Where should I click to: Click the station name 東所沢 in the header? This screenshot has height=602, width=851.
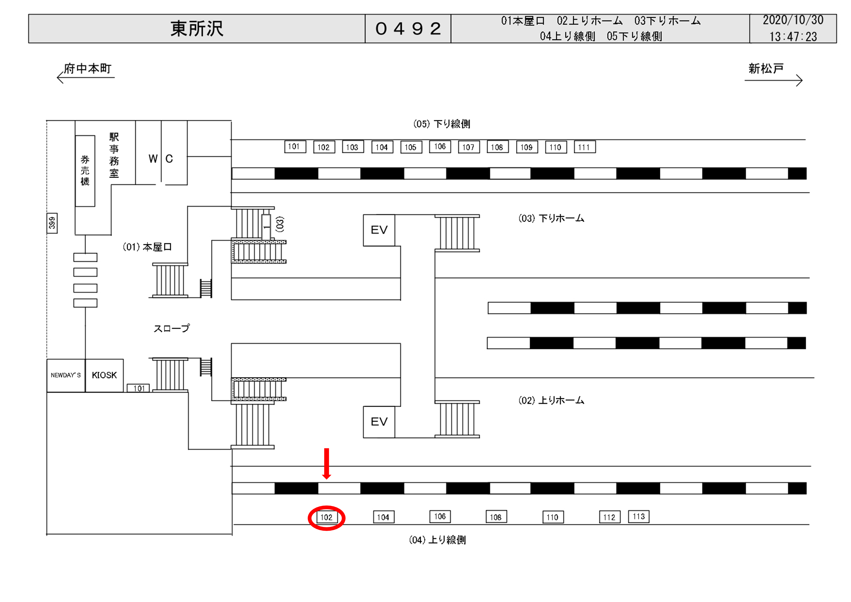197,29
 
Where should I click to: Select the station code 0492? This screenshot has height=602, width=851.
408,29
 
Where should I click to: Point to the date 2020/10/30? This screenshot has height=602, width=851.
793,20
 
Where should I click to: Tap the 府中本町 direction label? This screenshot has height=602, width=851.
87,69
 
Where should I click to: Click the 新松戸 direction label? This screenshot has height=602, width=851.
766,69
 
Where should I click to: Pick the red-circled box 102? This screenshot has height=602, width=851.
326,517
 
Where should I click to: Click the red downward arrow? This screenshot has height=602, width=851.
326,464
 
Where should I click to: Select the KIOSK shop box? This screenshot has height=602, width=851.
104,375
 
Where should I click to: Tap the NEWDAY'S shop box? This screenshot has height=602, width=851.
66,375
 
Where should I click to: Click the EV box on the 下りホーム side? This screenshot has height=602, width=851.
379,230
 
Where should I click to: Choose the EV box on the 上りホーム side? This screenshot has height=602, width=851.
379,422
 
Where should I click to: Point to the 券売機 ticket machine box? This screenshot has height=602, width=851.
85,170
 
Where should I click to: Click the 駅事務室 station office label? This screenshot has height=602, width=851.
114,155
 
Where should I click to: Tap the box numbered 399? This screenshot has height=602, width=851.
52,223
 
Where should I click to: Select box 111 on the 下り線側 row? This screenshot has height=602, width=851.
584,147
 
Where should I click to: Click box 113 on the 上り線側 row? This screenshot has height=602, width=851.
639,516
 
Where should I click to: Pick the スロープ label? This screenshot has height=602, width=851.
172,328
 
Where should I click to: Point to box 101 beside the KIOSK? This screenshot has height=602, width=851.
138,388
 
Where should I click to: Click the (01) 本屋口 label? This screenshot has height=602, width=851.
147,247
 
